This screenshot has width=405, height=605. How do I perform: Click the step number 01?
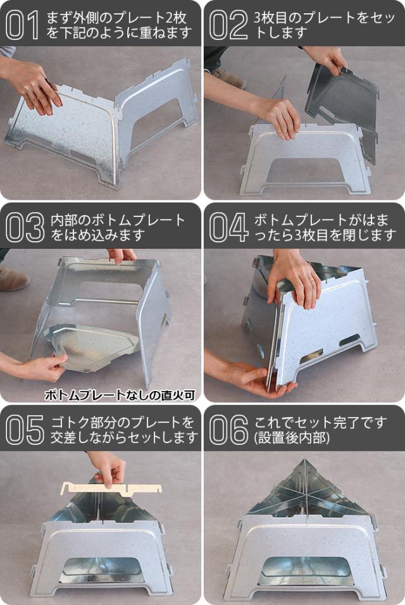click(22, 25)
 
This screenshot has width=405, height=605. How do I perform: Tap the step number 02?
click(228, 25)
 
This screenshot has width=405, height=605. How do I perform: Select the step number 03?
click(25, 228)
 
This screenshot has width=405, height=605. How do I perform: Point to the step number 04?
click(228, 228)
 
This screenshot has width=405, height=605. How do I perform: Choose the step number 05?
click(25, 430)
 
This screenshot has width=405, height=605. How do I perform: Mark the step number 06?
click(228, 430)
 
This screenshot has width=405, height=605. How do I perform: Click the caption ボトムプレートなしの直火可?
click(120, 395)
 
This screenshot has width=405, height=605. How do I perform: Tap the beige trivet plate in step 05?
click(112, 488)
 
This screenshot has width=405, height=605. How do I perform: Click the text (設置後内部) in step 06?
click(292, 438)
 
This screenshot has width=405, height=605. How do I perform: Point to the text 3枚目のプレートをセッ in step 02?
click(325, 18)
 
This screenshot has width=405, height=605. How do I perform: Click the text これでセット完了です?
click(320, 423)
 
